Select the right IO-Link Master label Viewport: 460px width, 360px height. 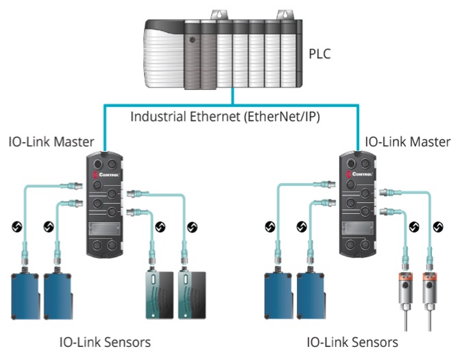click(407, 143)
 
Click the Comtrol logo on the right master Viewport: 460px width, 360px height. click(359, 175)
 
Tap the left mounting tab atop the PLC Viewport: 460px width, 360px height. click(221, 14)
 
